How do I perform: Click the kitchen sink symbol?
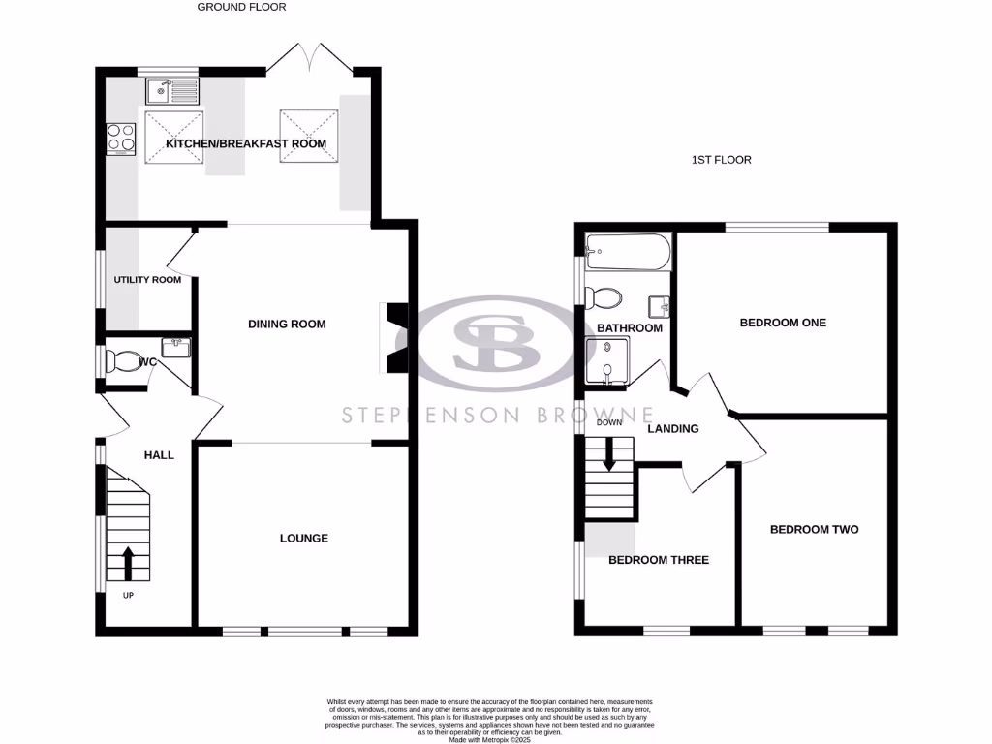pyautogui.click(x=171, y=92)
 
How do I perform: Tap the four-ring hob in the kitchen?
pyautogui.click(x=121, y=138)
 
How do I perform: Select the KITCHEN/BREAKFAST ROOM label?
pyautogui.click(x=246, y=144)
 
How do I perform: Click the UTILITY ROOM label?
pyautogui.click(x=147, y=280)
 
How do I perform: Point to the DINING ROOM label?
pyautogui.click(x=287, y=325)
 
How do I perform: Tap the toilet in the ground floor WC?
pyautogui.click(x=124, y=361)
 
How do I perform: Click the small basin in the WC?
pyautogui.click(x=175, y=345)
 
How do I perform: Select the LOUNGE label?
pyautogui.click(x=304, y=539)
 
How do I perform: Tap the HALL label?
pyautogui.click(x=159, y=454)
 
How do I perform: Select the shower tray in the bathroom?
pyautogui.click(x=606, y=362)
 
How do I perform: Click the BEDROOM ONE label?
pyautogui.click(x=783, y=323)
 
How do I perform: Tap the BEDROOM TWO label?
pyautogui.click(x=814, y=530)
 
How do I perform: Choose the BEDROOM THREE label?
pyautogui.click(x=658, y=560)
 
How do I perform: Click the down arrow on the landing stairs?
pyautogui.click(x=609, y=454)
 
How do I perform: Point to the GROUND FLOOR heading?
pyautogui.click(x=241, y=7)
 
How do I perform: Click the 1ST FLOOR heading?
pyautogui.click(x=722, y=160)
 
